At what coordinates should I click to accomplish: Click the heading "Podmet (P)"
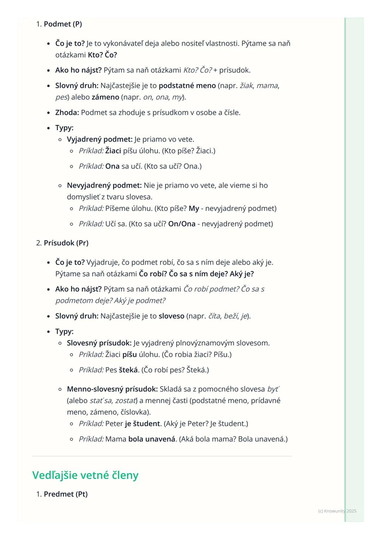pos(62,24)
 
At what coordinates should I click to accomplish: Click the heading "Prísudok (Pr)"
pos(66,243)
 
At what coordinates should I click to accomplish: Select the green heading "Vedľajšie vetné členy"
pos(85,475)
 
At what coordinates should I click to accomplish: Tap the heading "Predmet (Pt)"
pos(66,494)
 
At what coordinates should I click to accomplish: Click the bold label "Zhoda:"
pos(67,113)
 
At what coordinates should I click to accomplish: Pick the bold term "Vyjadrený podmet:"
pos(99,139)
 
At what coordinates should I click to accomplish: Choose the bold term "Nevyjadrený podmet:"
pos(104,186)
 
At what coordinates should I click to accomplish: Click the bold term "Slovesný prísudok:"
pos(99,343)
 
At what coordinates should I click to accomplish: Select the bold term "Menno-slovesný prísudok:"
pos(112,389)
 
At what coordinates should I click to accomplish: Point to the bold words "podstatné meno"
pos(187,86)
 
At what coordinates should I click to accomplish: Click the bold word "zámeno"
pos(105,97)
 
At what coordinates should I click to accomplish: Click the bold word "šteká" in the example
pos(128,370)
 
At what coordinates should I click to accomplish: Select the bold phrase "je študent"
pos(142,424)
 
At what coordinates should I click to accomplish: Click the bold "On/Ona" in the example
pos(182,224)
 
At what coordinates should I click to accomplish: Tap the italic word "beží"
pos(231,316)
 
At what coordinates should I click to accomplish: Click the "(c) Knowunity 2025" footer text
pos(337,511)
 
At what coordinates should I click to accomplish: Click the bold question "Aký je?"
pos(242,274)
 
